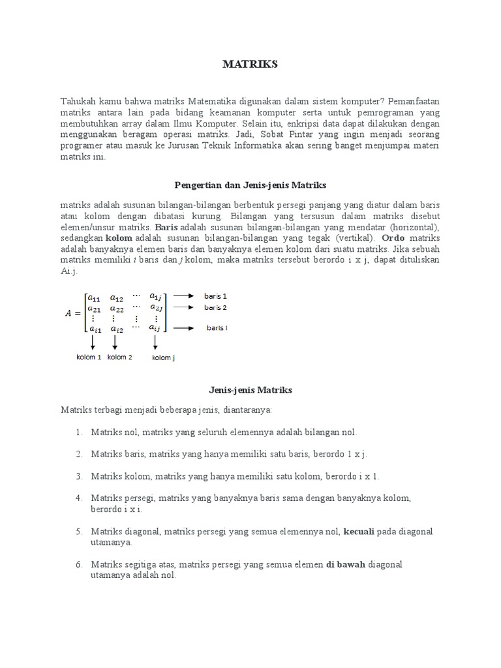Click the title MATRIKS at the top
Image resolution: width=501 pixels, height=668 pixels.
point(250,64)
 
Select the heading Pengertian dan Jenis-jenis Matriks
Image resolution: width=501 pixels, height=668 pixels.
point(250,185)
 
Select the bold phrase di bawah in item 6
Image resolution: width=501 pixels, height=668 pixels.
point(346,565)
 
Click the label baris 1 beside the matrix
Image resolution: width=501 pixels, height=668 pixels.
point(215,296)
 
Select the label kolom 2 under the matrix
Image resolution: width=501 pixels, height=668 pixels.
point(119,357)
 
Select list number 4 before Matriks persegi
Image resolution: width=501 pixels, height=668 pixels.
point(78,498)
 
